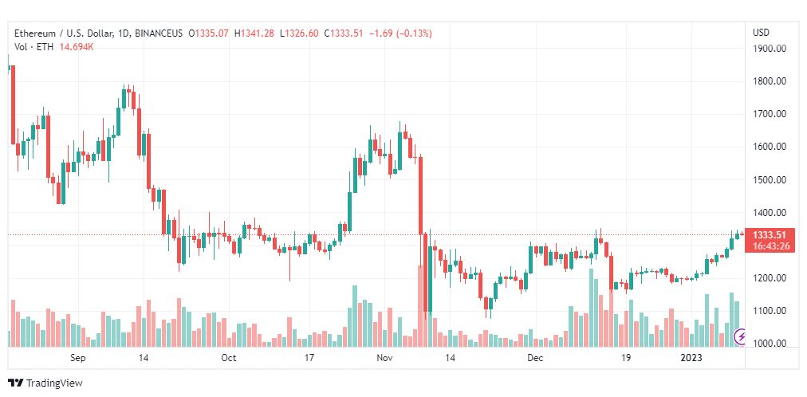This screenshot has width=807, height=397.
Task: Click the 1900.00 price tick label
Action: [770, 48]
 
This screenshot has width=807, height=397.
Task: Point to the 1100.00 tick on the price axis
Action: [770, 311]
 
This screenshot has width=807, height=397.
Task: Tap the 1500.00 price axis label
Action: [770, 179]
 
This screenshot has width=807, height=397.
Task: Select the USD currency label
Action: [761, 33]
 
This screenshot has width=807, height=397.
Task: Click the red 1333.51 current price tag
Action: [770, 234]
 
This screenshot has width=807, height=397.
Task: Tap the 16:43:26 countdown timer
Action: [770, 246]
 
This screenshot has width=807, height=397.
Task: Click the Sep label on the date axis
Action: [77, 359]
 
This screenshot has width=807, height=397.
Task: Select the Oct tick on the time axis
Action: [229, 359]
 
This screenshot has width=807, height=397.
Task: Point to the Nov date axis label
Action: [384, 359]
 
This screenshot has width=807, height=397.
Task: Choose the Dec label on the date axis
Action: [535, 359]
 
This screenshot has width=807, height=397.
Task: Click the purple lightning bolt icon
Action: [741, 336]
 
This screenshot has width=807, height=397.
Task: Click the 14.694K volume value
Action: [77, 46]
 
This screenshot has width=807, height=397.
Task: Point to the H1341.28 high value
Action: [254, 33]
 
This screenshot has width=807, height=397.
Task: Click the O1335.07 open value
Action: [208, 33]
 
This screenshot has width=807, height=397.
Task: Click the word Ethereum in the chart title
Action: [36, 33]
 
